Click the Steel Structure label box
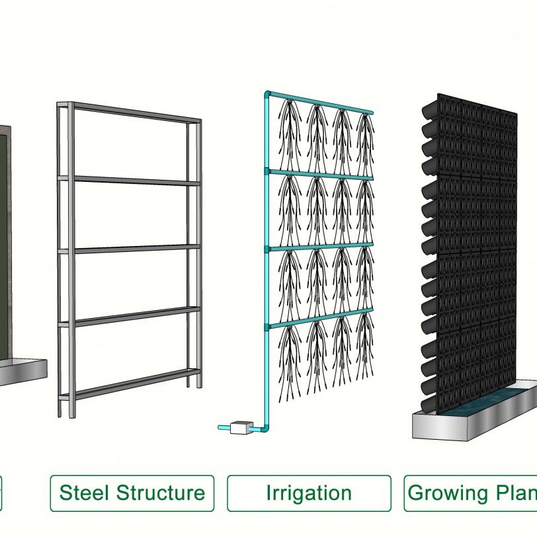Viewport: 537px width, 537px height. pyautogui.click(x=132, y=493)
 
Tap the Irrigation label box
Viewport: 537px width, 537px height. pyautogui.click(x=309, y=493)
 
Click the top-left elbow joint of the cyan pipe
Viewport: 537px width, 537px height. pyautogui.click(x=268, y=95)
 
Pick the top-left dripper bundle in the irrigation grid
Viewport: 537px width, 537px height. pyautogui.click(x=290, y=132)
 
